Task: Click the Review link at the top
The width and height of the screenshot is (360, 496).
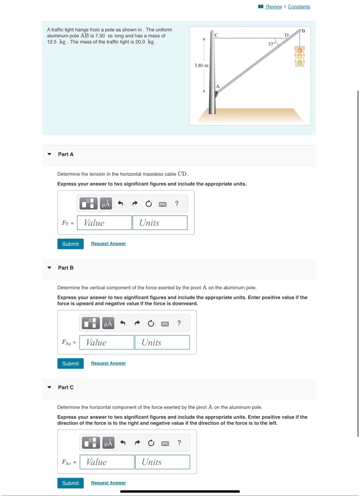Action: (x=274, y=7)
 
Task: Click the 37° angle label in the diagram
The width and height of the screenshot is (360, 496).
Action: (x=272, y=44)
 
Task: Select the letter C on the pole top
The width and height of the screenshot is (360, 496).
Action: (x=216, y=34)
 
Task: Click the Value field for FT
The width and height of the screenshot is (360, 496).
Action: (x=107, y=223)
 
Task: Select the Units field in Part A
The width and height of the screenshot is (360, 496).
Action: (x=160, y=223)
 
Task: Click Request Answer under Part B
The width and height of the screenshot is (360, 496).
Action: (x=108, y=363)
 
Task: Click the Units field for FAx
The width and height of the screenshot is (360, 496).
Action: (x=162, y=462)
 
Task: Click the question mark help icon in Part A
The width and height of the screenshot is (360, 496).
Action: (x=176, y=204)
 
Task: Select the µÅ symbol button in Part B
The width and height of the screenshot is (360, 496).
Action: (x=108, y=323)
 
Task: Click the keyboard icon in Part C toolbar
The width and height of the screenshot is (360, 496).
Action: (x=165, y=443)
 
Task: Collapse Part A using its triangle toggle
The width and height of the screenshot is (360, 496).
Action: (x=49, y=155)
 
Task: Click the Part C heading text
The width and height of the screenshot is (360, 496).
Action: (x=66, y=387)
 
